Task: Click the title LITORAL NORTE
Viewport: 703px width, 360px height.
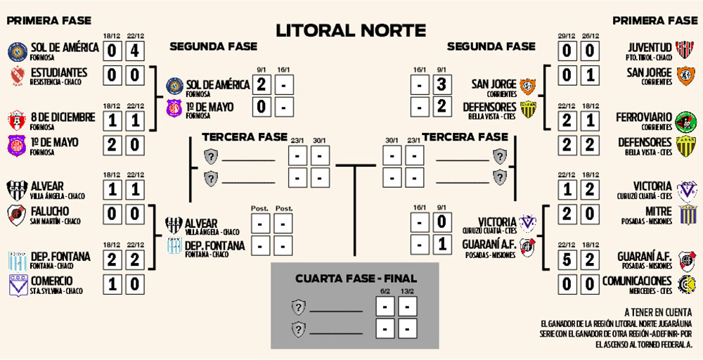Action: point(350,30)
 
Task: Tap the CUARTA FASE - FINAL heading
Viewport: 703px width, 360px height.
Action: point(354,279)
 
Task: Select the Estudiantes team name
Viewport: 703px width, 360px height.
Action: point(59,72)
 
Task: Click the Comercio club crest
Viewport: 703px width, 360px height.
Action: point(17,285)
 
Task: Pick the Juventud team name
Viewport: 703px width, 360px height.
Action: point(649,48)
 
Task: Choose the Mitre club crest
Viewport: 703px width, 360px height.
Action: point(686,214)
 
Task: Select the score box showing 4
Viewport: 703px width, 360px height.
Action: point(136,51)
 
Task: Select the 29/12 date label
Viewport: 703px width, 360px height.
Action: point(567,35)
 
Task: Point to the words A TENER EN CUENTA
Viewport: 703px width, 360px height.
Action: point(657,311)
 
